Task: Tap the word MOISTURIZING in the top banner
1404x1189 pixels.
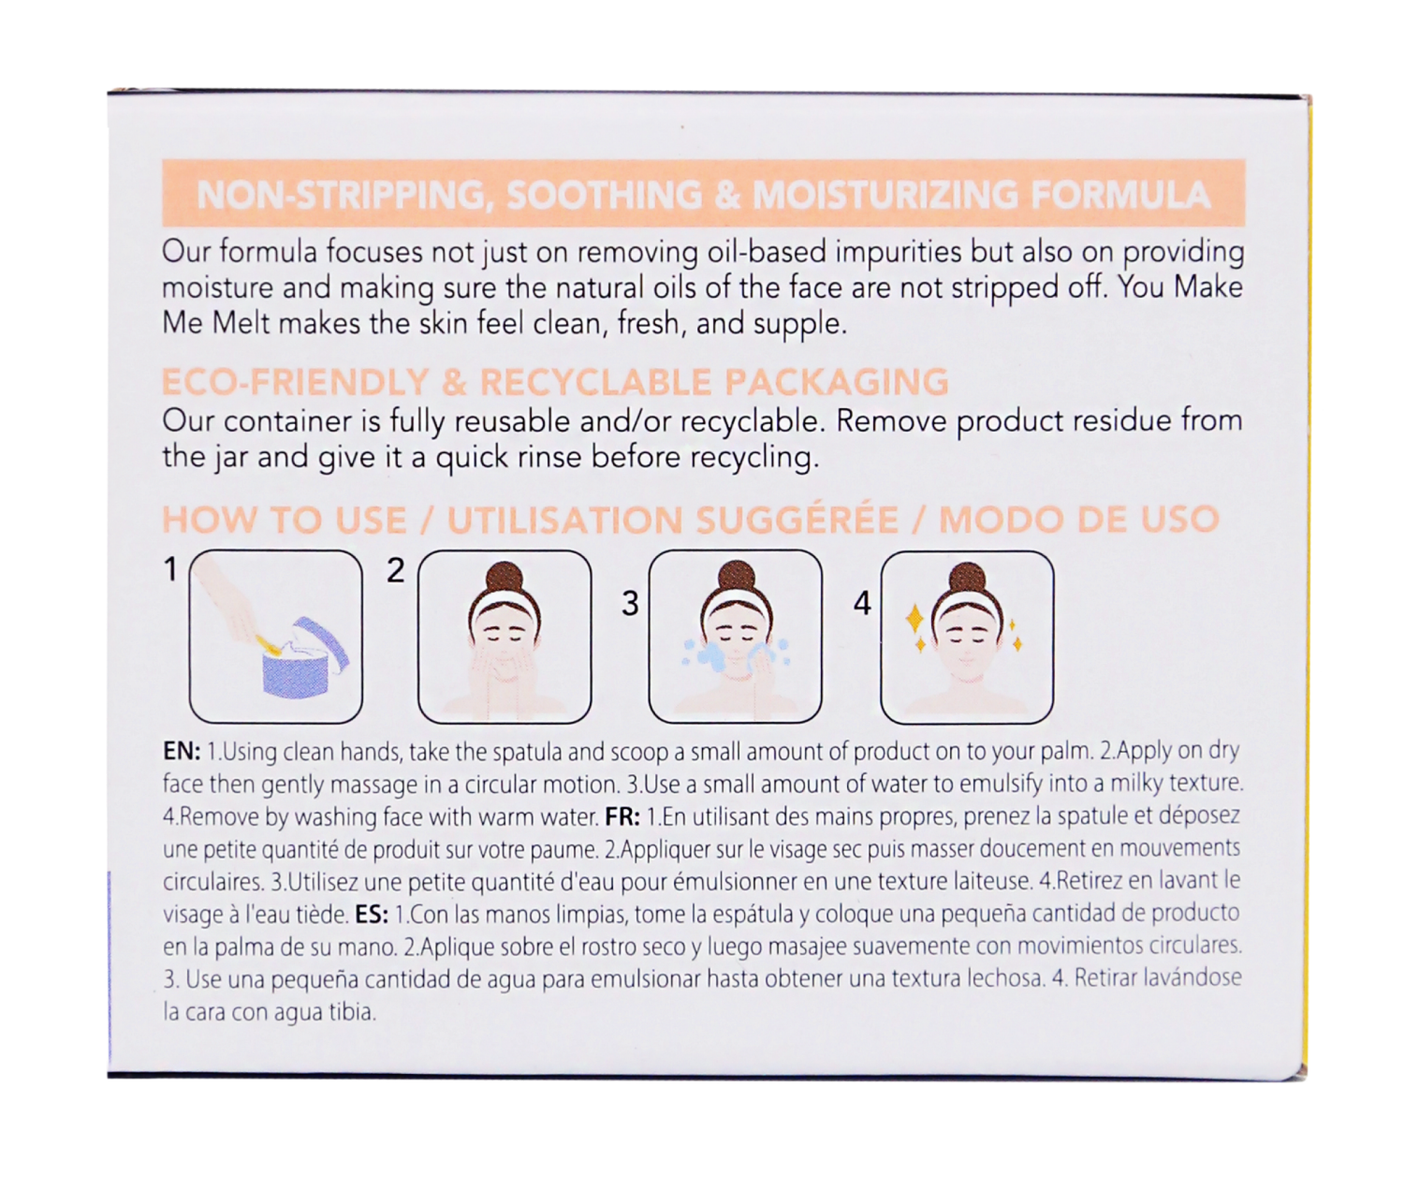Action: tap(886, 195)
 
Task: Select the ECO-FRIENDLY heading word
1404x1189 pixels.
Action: tap(295, 383)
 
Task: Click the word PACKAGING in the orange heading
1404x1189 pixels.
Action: tap(836, 383)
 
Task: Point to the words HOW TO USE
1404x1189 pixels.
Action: tap(284, 521)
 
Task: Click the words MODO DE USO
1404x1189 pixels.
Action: tap(1078, 520)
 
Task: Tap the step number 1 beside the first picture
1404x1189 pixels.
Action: tap(170, 569)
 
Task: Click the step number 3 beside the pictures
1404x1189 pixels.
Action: tap(630, 604)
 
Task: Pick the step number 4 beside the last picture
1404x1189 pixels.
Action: tap(862, 604)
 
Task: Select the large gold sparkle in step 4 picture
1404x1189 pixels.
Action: tap(914, 619)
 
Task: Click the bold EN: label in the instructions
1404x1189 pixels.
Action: tap(182, 752)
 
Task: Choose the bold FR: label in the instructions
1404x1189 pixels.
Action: tap(622, 816)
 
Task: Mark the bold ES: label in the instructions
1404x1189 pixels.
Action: tap(373, 914)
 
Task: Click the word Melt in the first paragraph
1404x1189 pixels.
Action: tap(241, 323)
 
